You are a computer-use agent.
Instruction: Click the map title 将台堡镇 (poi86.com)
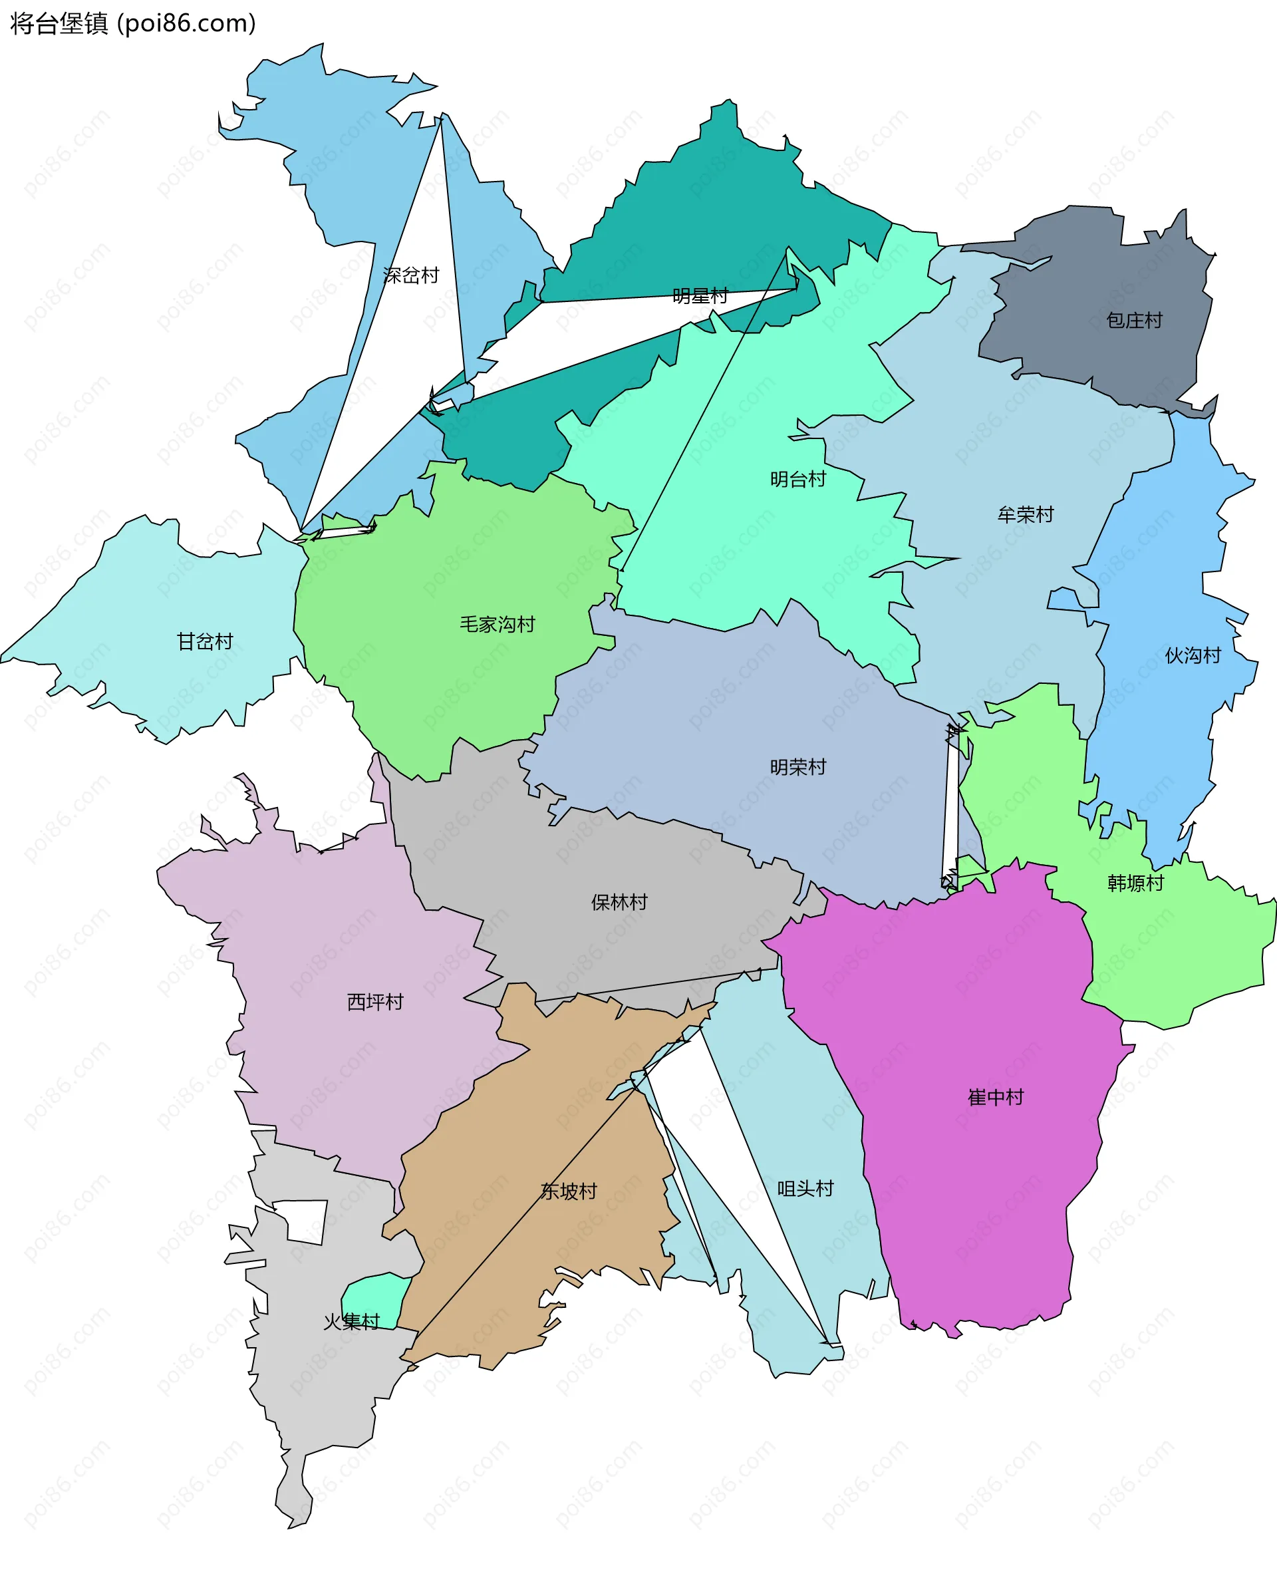click(x=133, y=23)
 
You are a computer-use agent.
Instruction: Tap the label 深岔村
click(x=410, y=275)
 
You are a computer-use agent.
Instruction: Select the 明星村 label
click(x=700, y=296)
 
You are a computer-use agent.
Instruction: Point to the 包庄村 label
click(x=1134, y=320)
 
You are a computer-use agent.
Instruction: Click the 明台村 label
click(x=797, y=479)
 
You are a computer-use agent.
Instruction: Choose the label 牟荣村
click(x=1026, y=514)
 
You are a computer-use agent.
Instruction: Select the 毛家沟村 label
click(x=497, y=624)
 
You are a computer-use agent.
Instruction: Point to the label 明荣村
click(x=797, y=766)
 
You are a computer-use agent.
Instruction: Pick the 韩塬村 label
click(x=1135, y=883)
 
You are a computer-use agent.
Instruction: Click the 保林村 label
click(x=619, y=902)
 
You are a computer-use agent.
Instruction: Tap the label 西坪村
click(x=374, y=1001)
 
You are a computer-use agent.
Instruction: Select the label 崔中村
click(x=995, y=1097)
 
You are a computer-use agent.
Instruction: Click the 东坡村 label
click(x=568, y=1191)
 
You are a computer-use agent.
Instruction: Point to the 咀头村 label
click(x=805, y=1188)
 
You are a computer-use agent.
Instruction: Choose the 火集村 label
click(x=351, y=1322)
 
